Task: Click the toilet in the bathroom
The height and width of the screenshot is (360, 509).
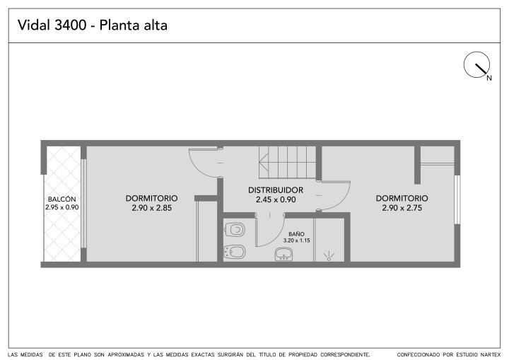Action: click(x=235, y=230)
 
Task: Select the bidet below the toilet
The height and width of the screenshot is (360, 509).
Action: click(x=235, y=252)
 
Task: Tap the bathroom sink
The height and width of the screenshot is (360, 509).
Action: click(x=284, y=254)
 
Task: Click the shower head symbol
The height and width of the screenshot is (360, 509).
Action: click(x=329, y=256)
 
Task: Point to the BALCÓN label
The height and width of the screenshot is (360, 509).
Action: click(x=62, y=199)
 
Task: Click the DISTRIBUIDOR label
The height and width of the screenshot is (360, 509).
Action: click(x=276, y=190)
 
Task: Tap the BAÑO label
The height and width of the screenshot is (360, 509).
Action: click(x=296, y=234)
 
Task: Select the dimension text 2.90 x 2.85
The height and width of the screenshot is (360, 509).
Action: click(x=151, y=208)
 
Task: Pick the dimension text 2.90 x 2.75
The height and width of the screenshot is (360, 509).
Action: click(x=402, y=208)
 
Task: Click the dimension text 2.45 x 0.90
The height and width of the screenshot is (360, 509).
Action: click(x=276, y=199)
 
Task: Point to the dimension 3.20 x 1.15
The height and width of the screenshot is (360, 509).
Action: click(x=296, y=240)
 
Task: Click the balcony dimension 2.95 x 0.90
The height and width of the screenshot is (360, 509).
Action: click(x=62, y=207)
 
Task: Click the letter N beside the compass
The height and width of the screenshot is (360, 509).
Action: click(x=489, y=78)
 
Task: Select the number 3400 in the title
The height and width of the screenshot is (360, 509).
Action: click(x=70, y=25)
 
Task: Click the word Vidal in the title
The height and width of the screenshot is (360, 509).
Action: click(x=34, y=25)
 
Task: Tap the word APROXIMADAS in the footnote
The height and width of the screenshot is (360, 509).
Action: click(x=126, y=354)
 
